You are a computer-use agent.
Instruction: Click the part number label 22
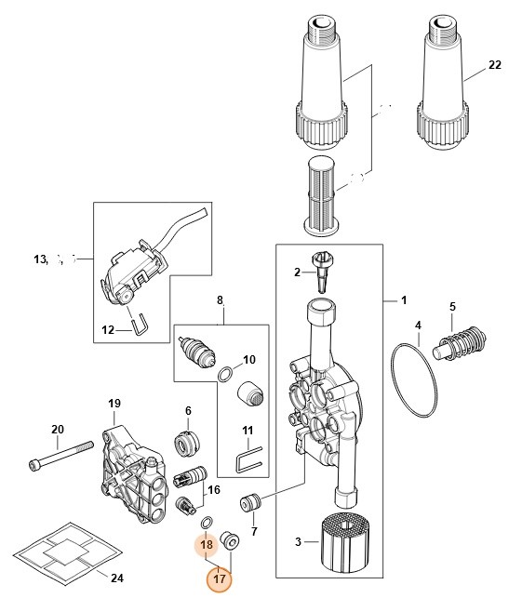[494, 66]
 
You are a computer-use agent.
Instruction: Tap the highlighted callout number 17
[220, 579]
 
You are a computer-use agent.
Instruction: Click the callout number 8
[220, 300]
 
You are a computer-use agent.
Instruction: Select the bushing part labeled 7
[249, 503]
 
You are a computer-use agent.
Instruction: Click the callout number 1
[404, 300]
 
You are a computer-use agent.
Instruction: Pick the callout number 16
[213, 489]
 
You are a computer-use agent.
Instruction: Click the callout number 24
[116, 578]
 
